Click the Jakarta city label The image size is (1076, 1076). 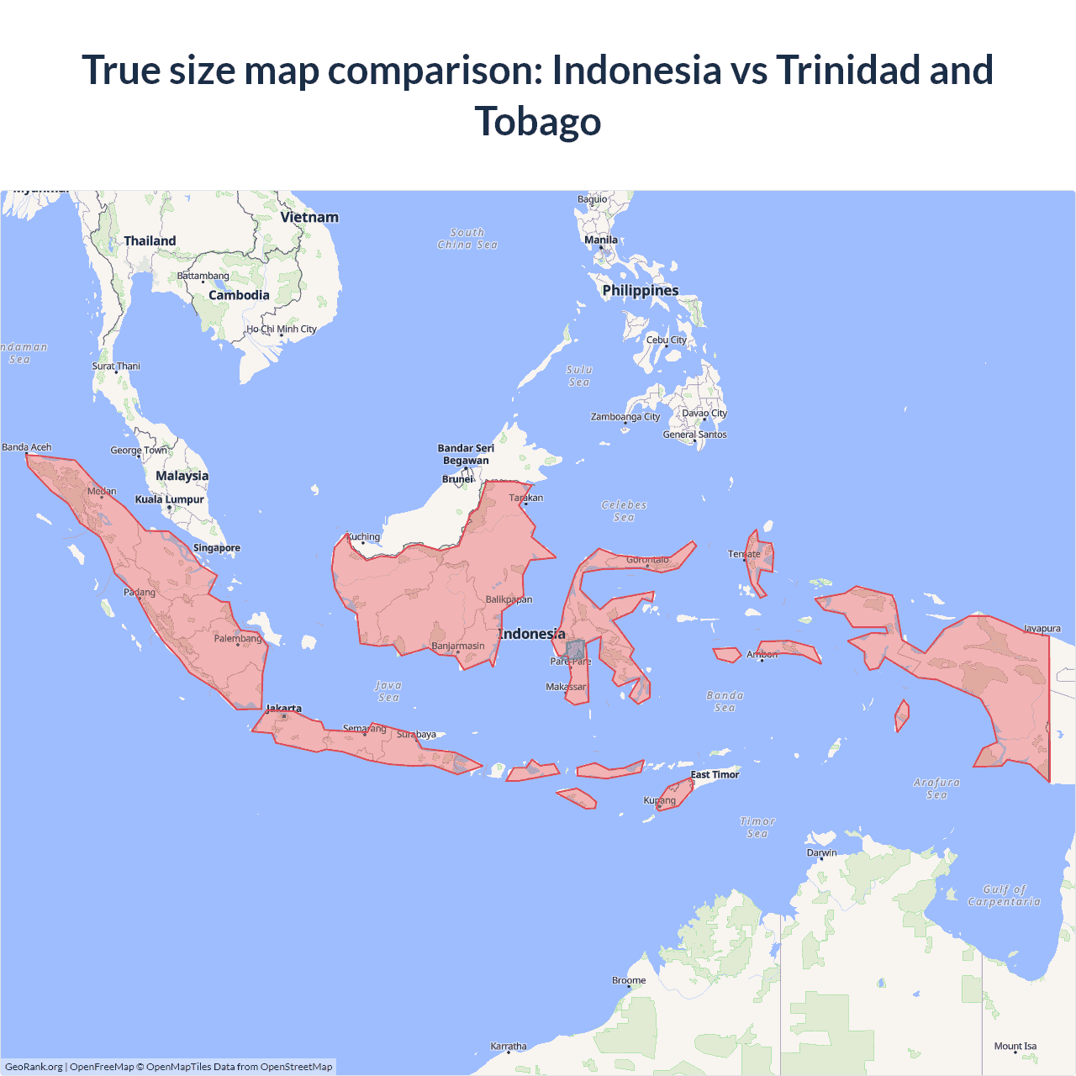[284, 709]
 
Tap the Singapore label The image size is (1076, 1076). [217, 548]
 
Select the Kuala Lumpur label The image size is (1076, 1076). [169, 499]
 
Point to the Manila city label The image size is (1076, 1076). [601, 240]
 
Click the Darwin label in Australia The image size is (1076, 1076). [821, 852]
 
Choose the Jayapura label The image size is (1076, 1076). [1042, 629]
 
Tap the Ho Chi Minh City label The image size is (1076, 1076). [282, 330]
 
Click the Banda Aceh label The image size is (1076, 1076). [27, 447]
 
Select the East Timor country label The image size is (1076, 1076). [715, 775]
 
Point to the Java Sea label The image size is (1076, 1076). [388, 691]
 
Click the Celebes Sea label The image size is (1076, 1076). [624, 511]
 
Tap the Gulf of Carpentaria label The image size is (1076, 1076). [1004, 895]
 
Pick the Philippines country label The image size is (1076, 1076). [641, 291]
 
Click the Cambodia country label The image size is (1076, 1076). [239, 296]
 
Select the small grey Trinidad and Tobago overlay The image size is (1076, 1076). [576, 650]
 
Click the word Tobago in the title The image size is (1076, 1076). [538, 121]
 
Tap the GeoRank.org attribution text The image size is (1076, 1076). [34, 1067]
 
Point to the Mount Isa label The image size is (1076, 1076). [1015, 1047]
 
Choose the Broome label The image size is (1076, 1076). [629, 980]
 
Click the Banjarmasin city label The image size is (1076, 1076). [458, 646]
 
